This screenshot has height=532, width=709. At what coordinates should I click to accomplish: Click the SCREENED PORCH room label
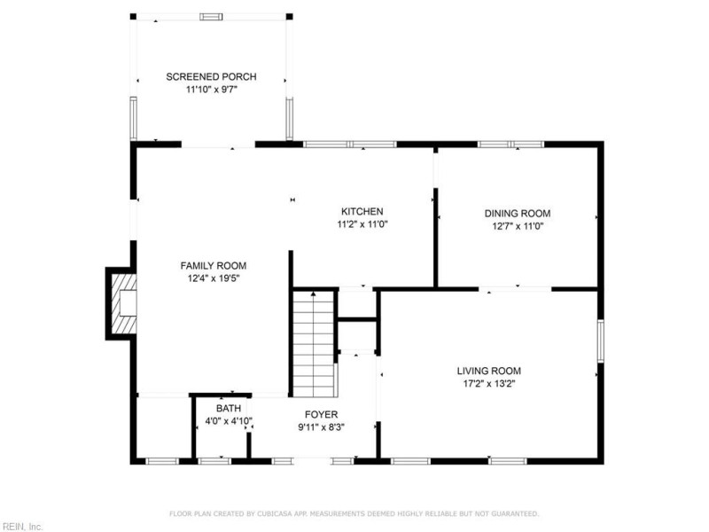click(211, 77)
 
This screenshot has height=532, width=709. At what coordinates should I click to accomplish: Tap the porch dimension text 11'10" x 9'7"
click(212, 90)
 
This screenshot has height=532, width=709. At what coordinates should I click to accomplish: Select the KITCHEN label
click(362, 211)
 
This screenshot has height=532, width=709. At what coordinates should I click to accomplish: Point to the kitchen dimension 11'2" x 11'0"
click(362, 224)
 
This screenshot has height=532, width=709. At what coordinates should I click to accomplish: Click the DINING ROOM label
click(518, 214)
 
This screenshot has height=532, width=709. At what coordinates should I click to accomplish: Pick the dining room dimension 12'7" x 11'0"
click(518, 226)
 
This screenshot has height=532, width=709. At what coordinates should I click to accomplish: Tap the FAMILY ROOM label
click(214, 266)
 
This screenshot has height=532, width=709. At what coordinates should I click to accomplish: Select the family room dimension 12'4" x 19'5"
click(214, 278)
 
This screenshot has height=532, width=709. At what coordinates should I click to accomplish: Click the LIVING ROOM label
click(489, 371)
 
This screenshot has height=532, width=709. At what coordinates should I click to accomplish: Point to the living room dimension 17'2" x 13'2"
click(489, 384)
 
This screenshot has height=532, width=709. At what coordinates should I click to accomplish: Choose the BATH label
click(229, 409)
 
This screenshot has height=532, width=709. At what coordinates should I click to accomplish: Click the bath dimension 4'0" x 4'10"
click(229, 421)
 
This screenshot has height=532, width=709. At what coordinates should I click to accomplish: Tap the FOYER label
click(321, 414)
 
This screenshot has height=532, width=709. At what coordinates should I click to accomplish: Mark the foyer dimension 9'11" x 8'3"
click(321, 427)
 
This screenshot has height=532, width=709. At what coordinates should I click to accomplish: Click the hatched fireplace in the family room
click(124, 303)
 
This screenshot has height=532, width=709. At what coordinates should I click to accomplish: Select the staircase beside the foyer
click(315, 345)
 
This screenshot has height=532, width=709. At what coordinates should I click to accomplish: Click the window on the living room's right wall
click(601, 341)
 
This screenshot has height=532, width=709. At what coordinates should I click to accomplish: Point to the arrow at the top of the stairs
click(314, 294)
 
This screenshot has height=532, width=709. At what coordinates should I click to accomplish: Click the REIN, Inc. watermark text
click(21, 527)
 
